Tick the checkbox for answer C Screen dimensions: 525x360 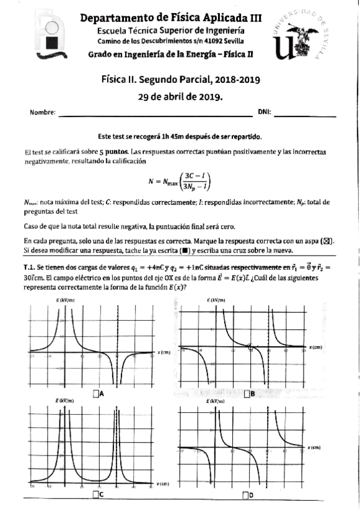(95, 494)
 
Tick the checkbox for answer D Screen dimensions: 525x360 (246, 494)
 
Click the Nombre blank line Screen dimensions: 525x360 (155, 113)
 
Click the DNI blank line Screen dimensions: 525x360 (305, 113)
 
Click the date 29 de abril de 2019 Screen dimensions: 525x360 (180, 97)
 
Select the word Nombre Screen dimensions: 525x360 (42, 112)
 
